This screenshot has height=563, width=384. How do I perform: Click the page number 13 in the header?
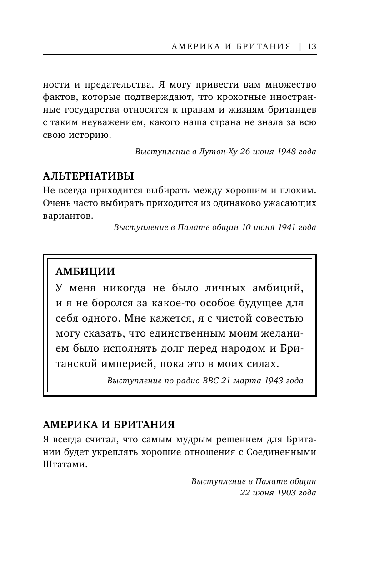tap(312, 46)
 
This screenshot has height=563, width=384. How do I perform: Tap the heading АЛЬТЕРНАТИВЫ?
tap(88, 176)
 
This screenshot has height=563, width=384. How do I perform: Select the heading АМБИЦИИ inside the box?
tap(85, 271)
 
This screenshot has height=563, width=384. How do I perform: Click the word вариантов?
tap(68, 216)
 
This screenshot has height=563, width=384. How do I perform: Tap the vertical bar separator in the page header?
tap(300, 46)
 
